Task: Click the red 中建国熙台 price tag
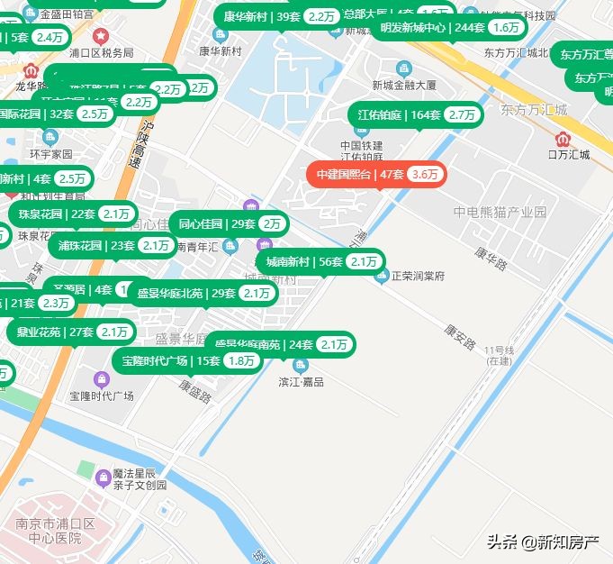(376, 174)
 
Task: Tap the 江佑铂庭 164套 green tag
(416, 115)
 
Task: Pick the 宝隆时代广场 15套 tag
(188, 361)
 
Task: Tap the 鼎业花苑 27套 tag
(73, 332)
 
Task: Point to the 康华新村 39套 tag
(276, 17)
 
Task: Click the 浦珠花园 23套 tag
(114, 246)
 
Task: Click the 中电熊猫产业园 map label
(500, 213)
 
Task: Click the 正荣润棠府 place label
(417, 276)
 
